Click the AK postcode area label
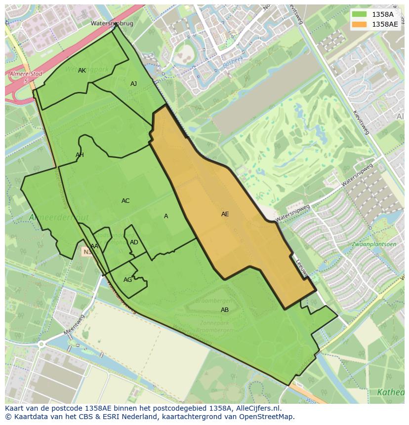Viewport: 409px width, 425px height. (82, 71)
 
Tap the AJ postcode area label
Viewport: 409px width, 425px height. (133, 84)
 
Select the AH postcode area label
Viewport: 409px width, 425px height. (80, 155)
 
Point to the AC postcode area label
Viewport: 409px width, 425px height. (125, 201)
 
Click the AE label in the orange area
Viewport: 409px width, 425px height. (225, 214)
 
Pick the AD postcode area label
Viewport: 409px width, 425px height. (134, 242)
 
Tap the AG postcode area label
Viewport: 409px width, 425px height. (128, 280)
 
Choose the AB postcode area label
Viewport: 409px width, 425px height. (225, 310)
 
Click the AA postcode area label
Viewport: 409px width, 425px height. (94, 246)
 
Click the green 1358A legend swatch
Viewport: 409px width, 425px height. (359, 14)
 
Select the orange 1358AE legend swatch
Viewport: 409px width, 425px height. (359, 24)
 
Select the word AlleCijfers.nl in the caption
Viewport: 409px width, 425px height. (257, 408)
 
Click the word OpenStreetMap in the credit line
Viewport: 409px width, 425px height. (269, 417)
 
